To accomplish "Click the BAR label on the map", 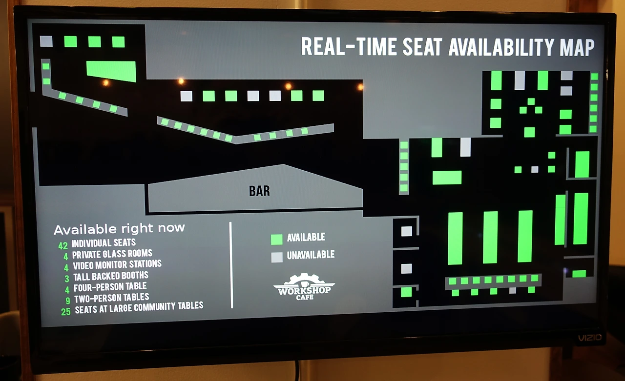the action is [x=259, y=191].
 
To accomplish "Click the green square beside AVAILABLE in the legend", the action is [x=277, y=239].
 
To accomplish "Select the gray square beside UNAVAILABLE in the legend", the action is [x=277, y=257].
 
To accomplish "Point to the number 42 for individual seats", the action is [x=62, y=246].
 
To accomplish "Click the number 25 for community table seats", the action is [x=66, y=311].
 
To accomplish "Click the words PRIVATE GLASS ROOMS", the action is [x=112, y=254].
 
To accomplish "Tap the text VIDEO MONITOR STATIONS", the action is [x=117, y=265].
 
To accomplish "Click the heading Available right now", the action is [x=119, y=228].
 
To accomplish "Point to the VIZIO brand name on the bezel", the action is [x=590, y=338].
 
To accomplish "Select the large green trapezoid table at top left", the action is [x=111, y=71].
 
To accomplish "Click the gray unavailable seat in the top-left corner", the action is [x=46, y=41].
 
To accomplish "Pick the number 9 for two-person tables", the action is [x=68, y=300].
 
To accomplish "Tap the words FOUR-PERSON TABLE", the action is [x=110, y=287].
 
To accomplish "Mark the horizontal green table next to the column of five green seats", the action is [x=447, y=178].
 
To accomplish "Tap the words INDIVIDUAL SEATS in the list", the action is [x=104, y=243].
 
